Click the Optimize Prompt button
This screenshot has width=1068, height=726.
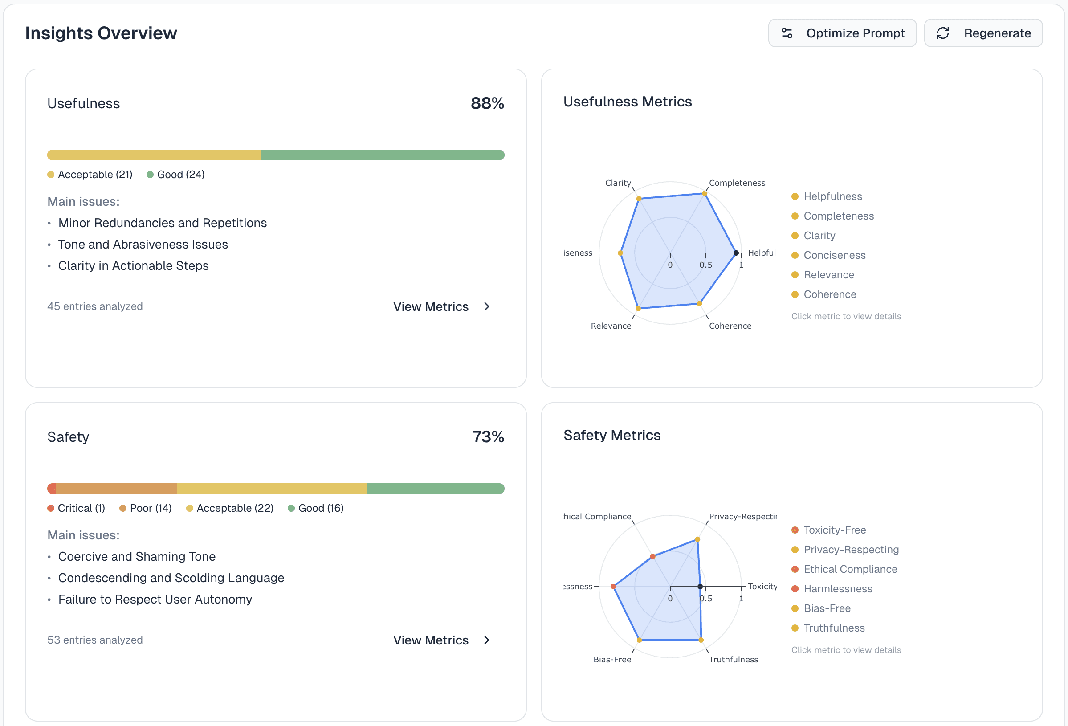coord(842,33)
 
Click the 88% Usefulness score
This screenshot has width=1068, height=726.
coord(487,103)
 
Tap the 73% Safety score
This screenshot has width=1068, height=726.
coord(488,437)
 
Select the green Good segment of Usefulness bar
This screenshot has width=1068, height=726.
coord(382,155)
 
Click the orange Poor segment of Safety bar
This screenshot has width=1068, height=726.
coord(116,489)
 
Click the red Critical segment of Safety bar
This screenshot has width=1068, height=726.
coord(52,489)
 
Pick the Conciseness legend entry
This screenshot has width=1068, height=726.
coord(834,255)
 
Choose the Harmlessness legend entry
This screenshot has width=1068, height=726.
coord(837,589)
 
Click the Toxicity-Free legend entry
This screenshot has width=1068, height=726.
coord(834,530)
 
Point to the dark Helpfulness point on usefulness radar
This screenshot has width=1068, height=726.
coord(736,253)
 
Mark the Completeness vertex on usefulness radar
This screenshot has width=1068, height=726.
coord(705,194)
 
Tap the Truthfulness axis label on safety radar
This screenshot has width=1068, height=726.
coord(733,659)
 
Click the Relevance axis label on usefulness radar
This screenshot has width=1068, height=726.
coord(611,326)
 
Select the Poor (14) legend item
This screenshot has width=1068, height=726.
coord(146,508)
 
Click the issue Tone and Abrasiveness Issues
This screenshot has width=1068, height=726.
coord(143,245)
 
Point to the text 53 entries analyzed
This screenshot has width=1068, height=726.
coord(95,640)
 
